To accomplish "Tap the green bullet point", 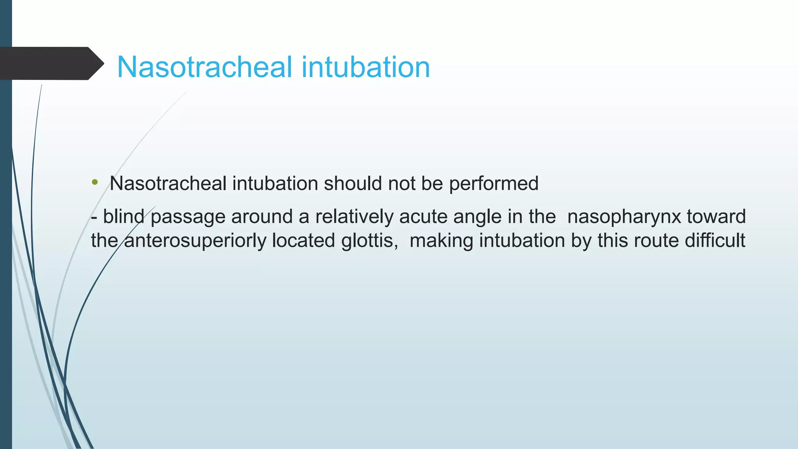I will pyautogui.click(x=95, y=182).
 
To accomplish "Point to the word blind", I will pyautogui.click(x=124, y=216).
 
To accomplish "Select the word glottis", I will pyautogui.click(x=369, y=240).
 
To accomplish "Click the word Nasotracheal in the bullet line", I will pyautogui.click(x=168, y=183).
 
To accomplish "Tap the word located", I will pyautogui.click(x=303, y=240).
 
